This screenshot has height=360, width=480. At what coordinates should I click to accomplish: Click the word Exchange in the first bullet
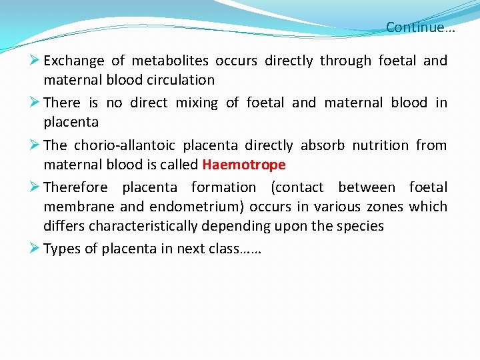(x=74, y=61)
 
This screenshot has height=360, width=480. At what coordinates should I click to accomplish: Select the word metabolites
(x=170, y=61)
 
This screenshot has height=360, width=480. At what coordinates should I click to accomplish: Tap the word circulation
(x=179, y=80)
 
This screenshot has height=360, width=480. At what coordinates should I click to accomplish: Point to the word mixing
(x=196, y=103)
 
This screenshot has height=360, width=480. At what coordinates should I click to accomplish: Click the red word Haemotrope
(x=243, y=165)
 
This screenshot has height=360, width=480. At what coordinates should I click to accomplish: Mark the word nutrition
(x=379, y=145)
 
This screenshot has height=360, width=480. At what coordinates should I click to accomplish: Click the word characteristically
(x=144, y=226)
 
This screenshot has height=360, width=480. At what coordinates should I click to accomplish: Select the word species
(x=360, y=226)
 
